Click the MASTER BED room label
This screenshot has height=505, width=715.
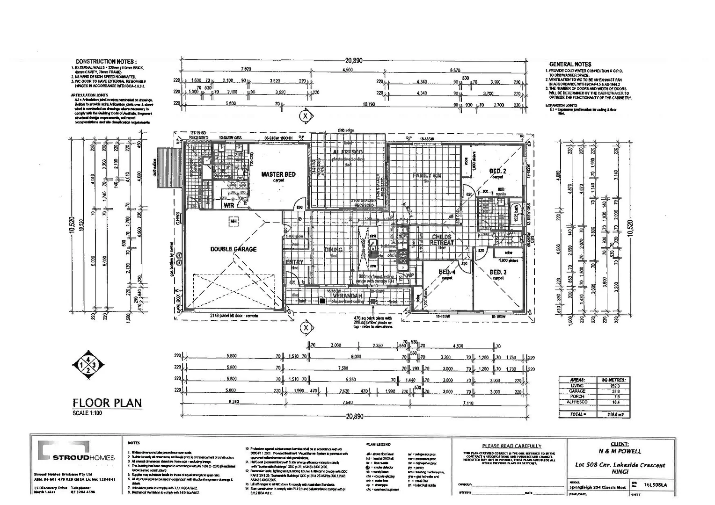coord(278,174)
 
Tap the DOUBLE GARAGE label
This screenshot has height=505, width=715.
coord(233,249)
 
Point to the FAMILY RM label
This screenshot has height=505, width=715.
coord(427,176)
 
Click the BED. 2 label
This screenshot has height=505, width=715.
coord(497,171)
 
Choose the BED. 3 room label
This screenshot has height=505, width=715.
coord(498,272)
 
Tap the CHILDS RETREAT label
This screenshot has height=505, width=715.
coord(442,240)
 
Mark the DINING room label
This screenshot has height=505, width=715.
coord(334,250)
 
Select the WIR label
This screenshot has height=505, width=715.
coord(229,205)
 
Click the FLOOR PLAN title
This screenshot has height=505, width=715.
coord(107,403)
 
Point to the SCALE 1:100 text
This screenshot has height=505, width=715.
coord(88,413)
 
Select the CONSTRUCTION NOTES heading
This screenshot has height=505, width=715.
coord(106,61)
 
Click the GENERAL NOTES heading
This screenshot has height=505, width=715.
coord(570,64)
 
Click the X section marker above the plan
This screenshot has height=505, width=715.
coord(306,115)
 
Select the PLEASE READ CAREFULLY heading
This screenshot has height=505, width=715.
coord(511,446)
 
